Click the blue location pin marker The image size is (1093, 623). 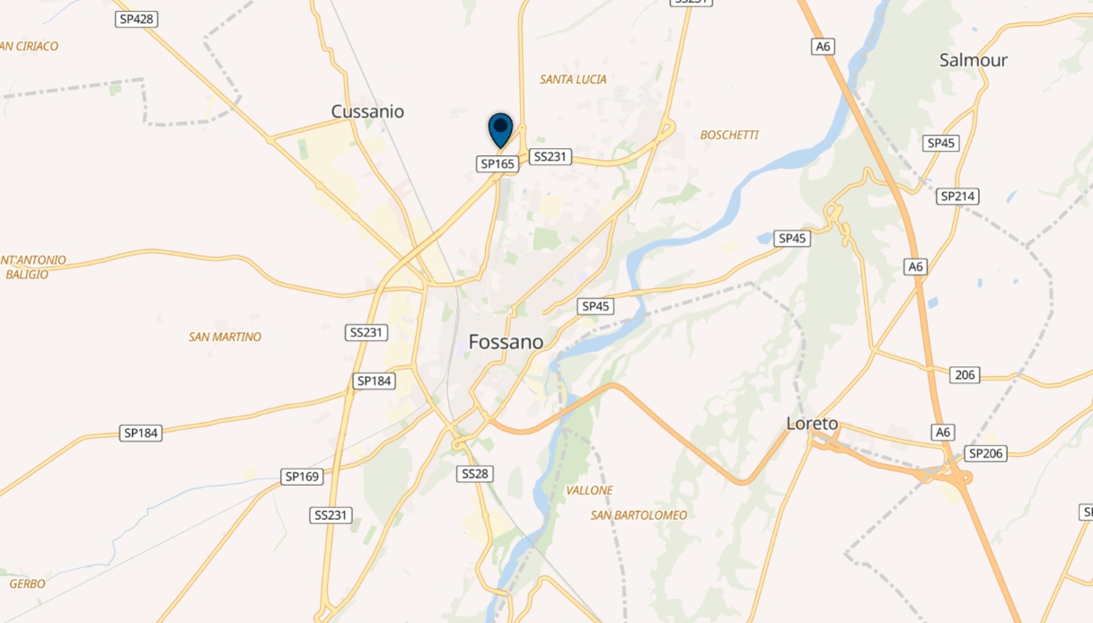500,129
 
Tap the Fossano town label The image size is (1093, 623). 506,342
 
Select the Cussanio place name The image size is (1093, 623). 367,111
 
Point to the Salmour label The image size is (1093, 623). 973,60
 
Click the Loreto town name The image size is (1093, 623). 812,423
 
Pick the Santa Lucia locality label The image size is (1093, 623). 573,79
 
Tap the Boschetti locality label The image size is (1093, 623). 729,135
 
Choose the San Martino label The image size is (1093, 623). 225,337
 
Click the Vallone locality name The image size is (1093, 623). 589,490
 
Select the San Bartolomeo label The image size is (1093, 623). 639,515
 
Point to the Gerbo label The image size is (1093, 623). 27,584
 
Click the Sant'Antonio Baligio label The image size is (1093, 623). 32,267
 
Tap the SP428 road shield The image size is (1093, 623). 136,19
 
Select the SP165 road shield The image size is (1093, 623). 497,163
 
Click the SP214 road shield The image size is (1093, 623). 957,196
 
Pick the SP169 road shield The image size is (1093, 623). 302,477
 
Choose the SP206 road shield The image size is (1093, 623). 986,453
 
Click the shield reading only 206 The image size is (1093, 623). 965,374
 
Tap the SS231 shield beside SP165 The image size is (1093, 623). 551,156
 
